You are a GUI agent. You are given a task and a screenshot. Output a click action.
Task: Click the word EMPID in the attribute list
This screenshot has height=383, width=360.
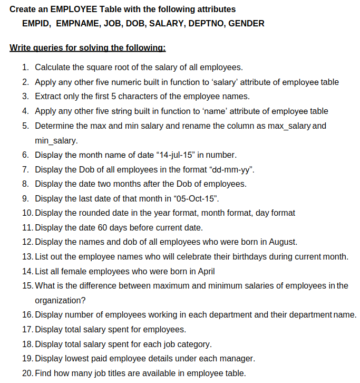pyautogui.click(x=35, y=24)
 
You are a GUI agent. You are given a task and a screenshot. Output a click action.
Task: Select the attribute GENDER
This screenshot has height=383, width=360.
pyautogui.click(x=246, y=24)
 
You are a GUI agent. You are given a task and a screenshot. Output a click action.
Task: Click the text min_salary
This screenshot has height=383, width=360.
pyautogui.click(x=56, y=141)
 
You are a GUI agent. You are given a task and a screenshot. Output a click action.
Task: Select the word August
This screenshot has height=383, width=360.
pyautogui.click(x=283, y=242)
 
